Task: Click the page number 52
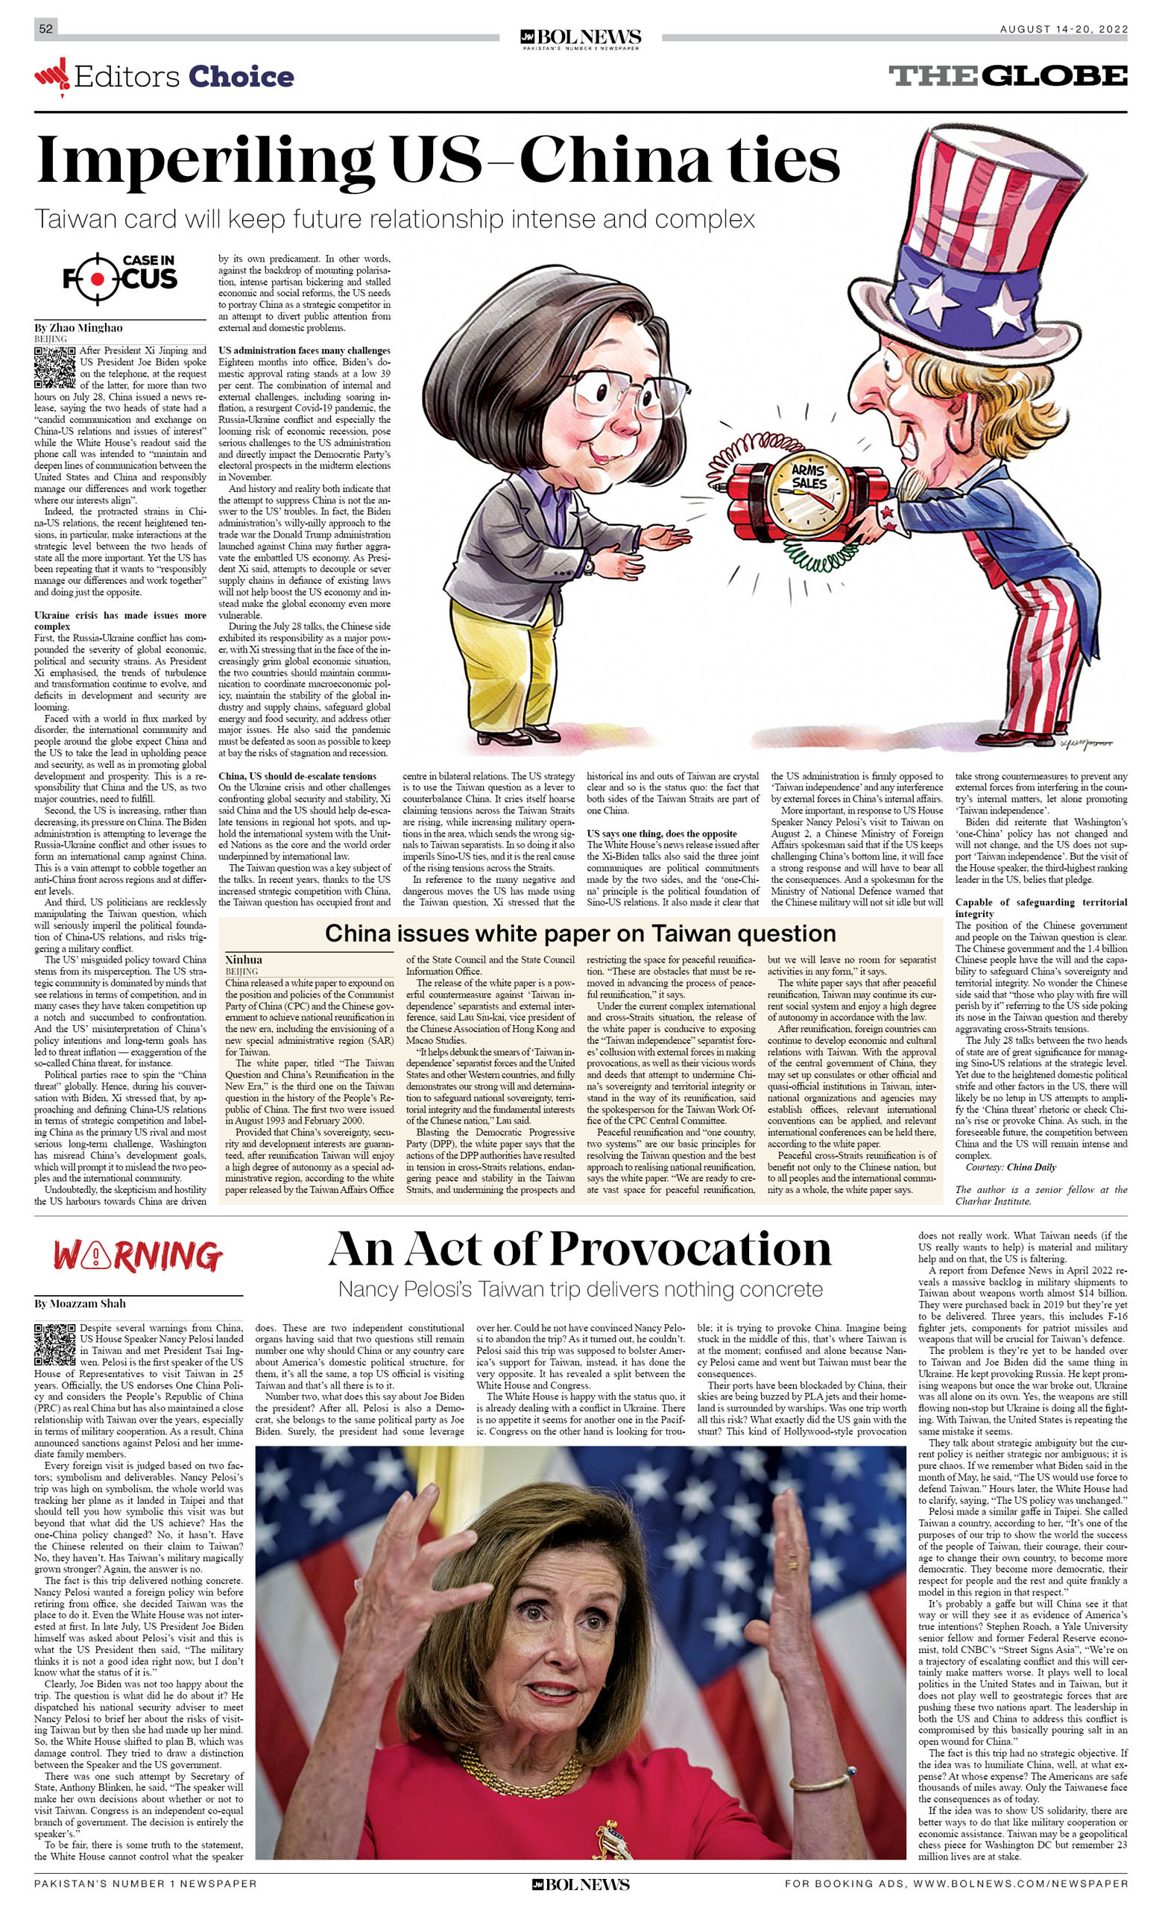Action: click(x=45, y=28)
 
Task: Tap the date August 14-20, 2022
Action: click(x=1063, y=29)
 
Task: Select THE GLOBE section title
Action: click(x=1007, y=76)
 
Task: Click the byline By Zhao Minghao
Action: click(x=78, y=327)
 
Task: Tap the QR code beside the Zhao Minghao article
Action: click(x=54, y=367)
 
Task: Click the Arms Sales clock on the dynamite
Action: click(x=807, y=497)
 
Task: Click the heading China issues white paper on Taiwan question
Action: click(x=580, y=933)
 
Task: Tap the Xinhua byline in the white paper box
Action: click(x=244, y=960)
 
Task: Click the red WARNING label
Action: click(x=138, y=1256)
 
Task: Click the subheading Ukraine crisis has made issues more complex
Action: click(x=120, y=620)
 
